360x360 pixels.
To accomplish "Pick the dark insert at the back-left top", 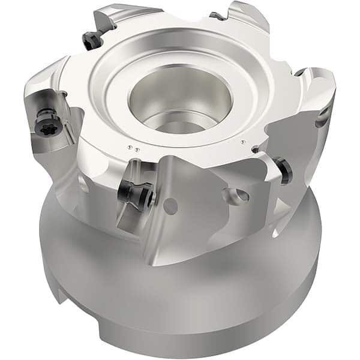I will click(x=92, y=40).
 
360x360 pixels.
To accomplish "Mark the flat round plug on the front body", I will click(x=172, y=206).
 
